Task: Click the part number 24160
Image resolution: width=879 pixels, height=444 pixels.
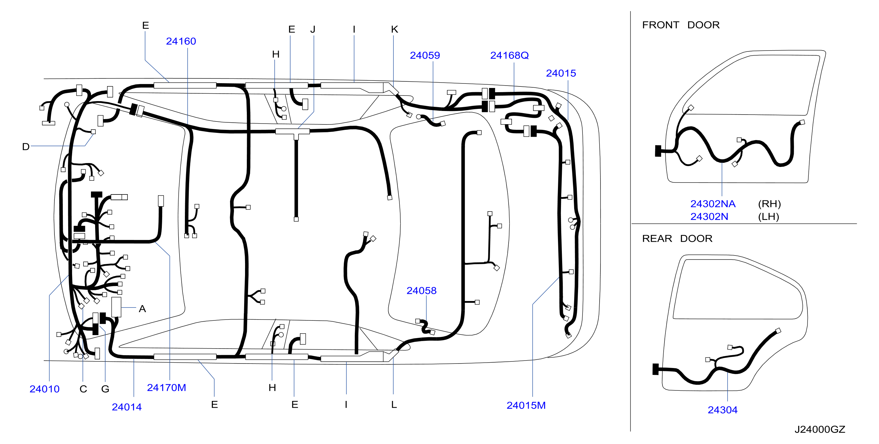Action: point(181,41)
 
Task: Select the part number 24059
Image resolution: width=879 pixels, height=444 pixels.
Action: point(425,55)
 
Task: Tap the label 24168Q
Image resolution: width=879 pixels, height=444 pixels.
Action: point(510,55)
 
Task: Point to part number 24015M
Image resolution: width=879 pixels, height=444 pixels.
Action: point(526,405)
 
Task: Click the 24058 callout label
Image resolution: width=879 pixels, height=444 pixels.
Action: point(422,291)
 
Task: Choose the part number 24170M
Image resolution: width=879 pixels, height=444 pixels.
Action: point(167,387)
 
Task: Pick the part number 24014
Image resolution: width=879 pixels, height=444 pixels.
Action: point(127,407)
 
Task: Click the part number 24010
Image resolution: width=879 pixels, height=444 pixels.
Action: point(44,389)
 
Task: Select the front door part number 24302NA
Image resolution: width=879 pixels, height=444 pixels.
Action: point(713,204)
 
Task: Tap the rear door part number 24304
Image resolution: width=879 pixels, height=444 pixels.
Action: point(722,410)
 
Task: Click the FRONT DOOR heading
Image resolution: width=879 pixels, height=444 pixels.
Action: point(681,25)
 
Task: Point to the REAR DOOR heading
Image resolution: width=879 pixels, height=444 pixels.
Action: point(677,238)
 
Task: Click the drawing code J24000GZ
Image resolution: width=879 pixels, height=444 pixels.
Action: point(820,429)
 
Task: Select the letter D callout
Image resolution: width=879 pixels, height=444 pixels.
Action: point(26,147)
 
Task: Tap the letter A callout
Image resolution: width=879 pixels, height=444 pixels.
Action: point(142,309)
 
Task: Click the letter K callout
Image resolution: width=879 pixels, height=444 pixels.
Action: point(394,29)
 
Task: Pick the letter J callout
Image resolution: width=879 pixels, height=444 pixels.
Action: point(313,29)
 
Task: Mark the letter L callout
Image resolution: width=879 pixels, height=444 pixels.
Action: point(394,405)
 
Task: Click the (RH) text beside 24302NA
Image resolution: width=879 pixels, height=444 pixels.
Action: point(769,204)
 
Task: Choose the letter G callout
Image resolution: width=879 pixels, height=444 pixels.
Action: point(105,389)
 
